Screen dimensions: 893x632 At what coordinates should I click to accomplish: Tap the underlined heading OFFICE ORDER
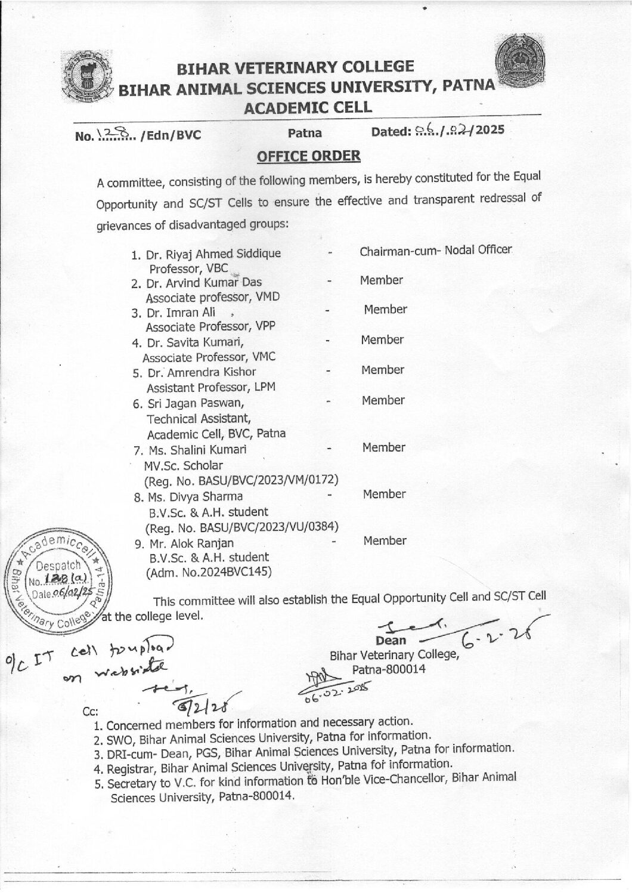[308, 156]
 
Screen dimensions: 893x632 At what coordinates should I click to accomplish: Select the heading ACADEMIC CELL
[308, 107]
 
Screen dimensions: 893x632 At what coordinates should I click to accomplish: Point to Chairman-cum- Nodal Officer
[435, 250]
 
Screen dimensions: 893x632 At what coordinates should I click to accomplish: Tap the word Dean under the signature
[391, 641]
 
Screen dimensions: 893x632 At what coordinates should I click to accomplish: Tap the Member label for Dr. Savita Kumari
[382, 340]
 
